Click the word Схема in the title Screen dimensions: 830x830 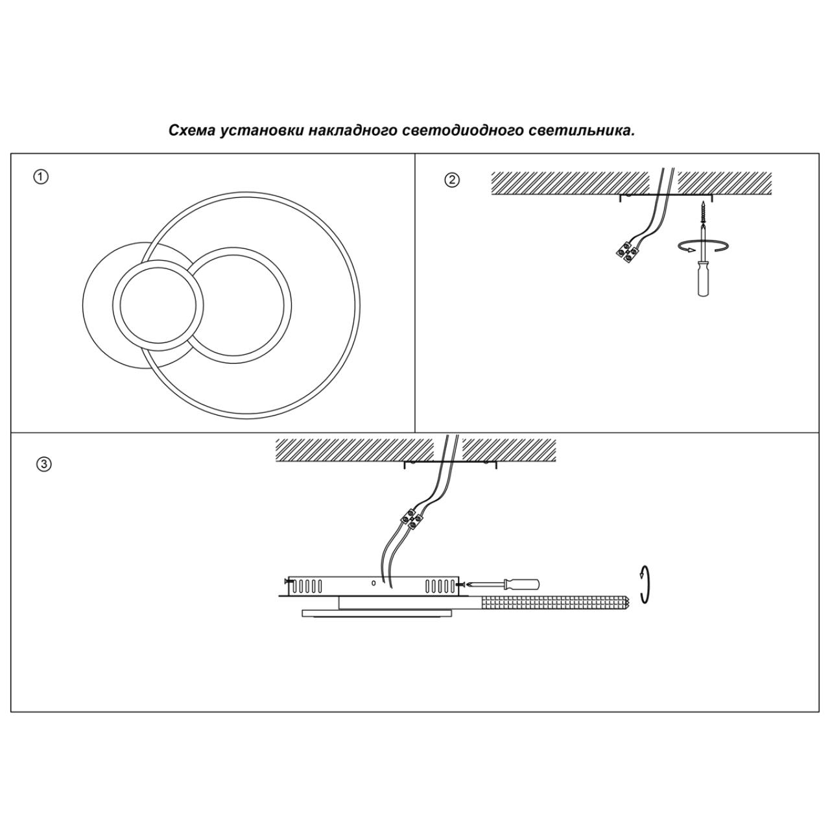(192, 130)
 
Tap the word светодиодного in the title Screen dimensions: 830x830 (468, 130)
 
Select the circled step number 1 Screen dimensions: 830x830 (41, 177)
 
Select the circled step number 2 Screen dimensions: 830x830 (452, 180)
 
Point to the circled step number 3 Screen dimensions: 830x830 (43, 464)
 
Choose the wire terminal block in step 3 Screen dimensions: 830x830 (411, 518)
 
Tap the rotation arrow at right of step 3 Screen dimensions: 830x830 (643, 584)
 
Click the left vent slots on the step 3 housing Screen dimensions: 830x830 (305, 587)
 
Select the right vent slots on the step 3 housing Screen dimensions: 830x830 (440, 587)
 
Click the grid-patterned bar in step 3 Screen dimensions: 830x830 (555, 602)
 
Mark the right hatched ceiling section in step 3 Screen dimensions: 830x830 (509, 449)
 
